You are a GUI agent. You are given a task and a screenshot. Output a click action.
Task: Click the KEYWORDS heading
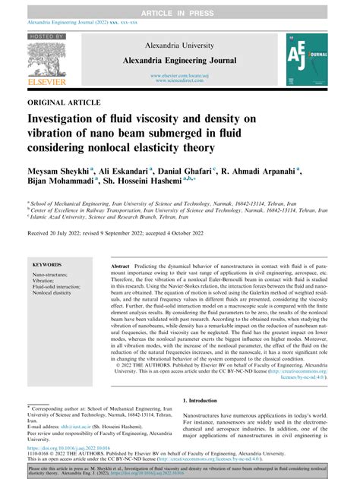(x=48, y=265)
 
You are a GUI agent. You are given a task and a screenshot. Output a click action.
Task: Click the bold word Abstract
(x=120, y=269)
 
